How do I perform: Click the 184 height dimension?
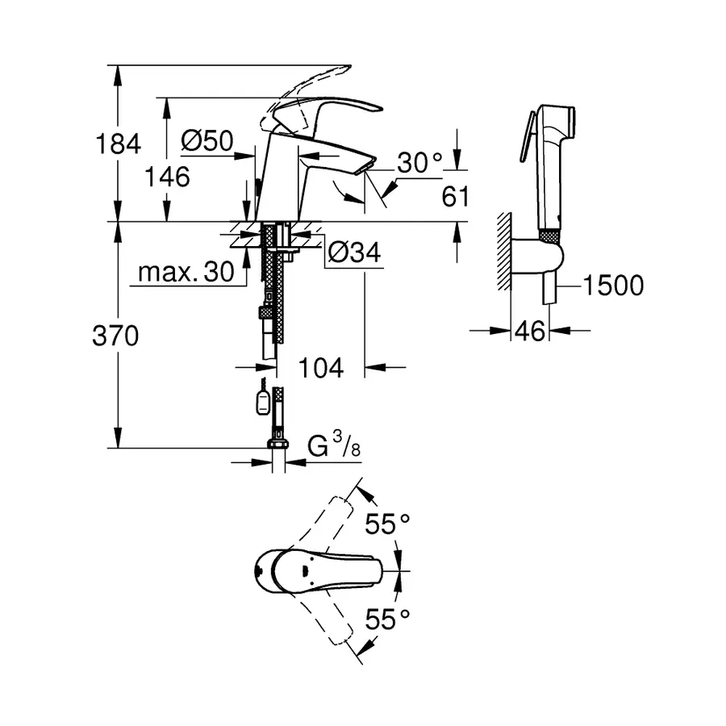click(119, 144)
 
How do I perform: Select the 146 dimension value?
click(168, 176)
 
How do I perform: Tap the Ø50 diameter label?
click(207, 142)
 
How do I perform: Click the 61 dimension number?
click(455, 196)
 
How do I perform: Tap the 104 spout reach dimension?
click(321, 368)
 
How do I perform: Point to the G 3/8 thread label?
click(334, 446)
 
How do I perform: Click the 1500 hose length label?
click(613, 285)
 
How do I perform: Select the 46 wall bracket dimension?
click(530, 331)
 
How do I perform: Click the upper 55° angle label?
click(388, 524)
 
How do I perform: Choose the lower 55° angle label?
click(388, 620)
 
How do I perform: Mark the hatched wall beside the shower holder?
click(504, 250)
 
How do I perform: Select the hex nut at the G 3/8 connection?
click(276, 445)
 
